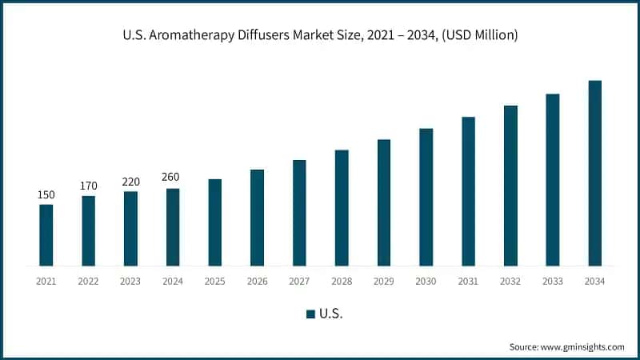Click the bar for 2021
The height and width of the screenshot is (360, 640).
point(46,235)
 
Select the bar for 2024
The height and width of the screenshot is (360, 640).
point(173,227)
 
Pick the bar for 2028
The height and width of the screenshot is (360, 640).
point(342,208)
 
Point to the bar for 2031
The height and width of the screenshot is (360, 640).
point(468,191)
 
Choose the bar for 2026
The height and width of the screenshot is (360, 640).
point(257,218)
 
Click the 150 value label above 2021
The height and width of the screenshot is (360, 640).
point(46,195)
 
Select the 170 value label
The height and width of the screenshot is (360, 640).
point(88,186)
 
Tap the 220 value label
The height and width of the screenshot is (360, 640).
point(130,182)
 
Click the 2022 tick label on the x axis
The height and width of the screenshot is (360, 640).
point(88,282)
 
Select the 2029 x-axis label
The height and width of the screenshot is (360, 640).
point(384,282)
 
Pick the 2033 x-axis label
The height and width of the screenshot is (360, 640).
point(553,282)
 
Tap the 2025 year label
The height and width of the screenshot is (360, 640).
point(214,282)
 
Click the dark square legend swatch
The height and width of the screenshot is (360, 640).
point(310,314)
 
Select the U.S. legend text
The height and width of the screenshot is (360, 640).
point(330,314)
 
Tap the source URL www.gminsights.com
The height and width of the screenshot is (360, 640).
point(582,346)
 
